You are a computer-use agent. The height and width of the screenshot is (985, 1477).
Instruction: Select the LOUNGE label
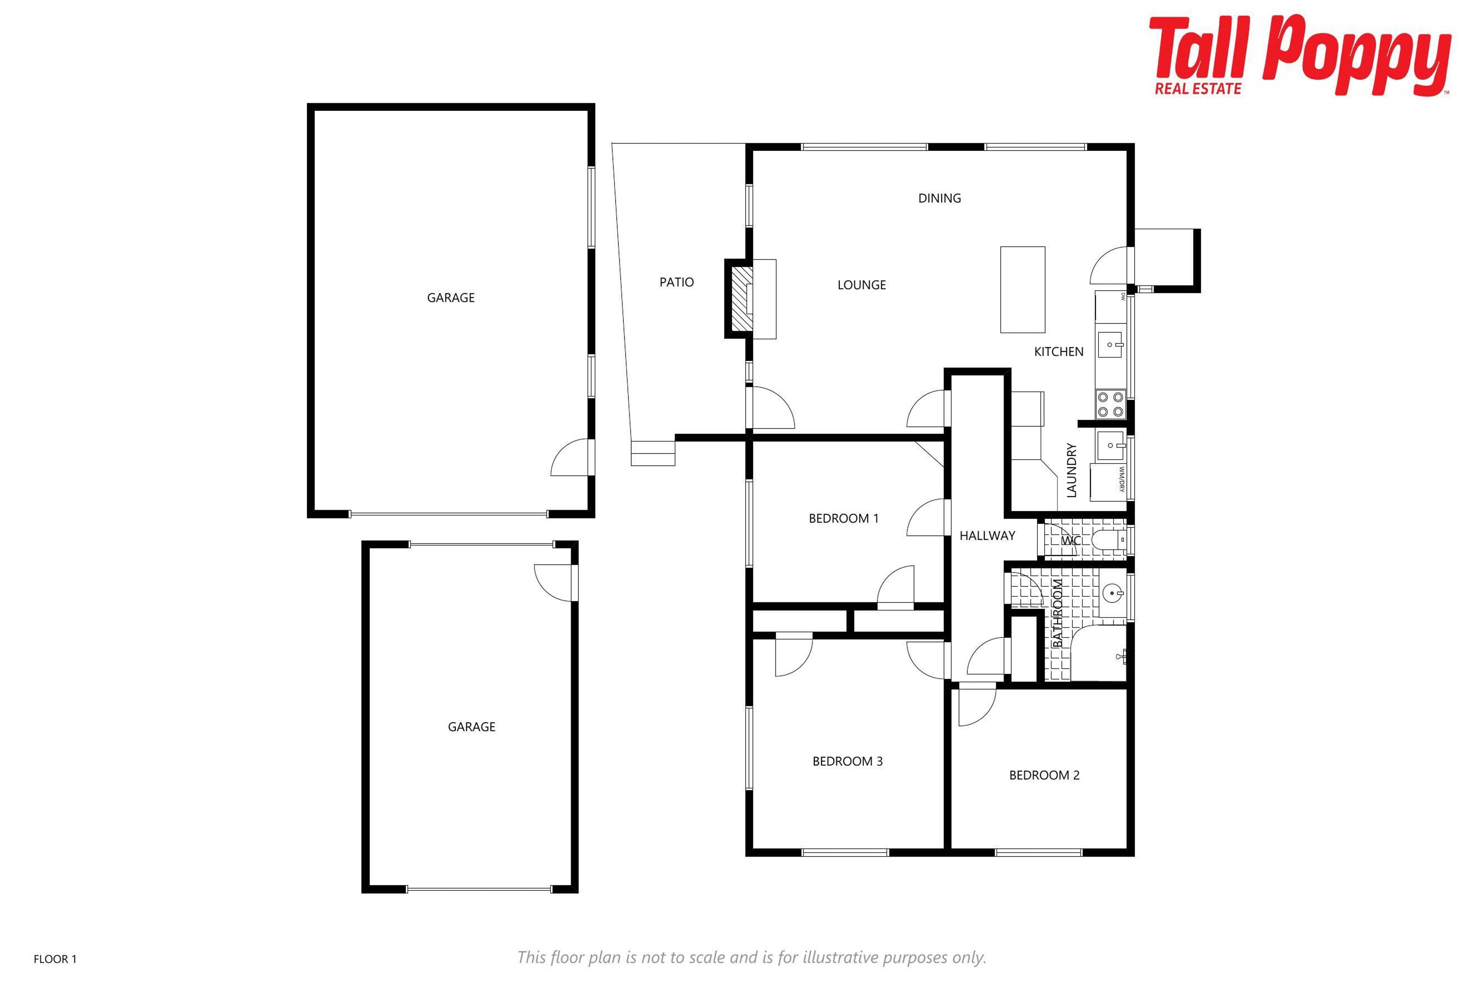coord(862,285)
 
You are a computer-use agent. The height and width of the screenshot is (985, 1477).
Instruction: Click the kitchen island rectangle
coord(1022,290)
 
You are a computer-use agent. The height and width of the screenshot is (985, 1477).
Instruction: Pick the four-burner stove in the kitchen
coord(1110,404)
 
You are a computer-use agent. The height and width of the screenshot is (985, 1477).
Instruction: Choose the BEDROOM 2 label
coord(1044,776)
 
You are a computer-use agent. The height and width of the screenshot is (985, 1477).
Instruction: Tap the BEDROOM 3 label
coord(848,762)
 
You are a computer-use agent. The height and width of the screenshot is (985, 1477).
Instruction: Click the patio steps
coord(653,454)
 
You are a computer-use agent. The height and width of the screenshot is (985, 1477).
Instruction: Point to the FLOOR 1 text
coord(55,959)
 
